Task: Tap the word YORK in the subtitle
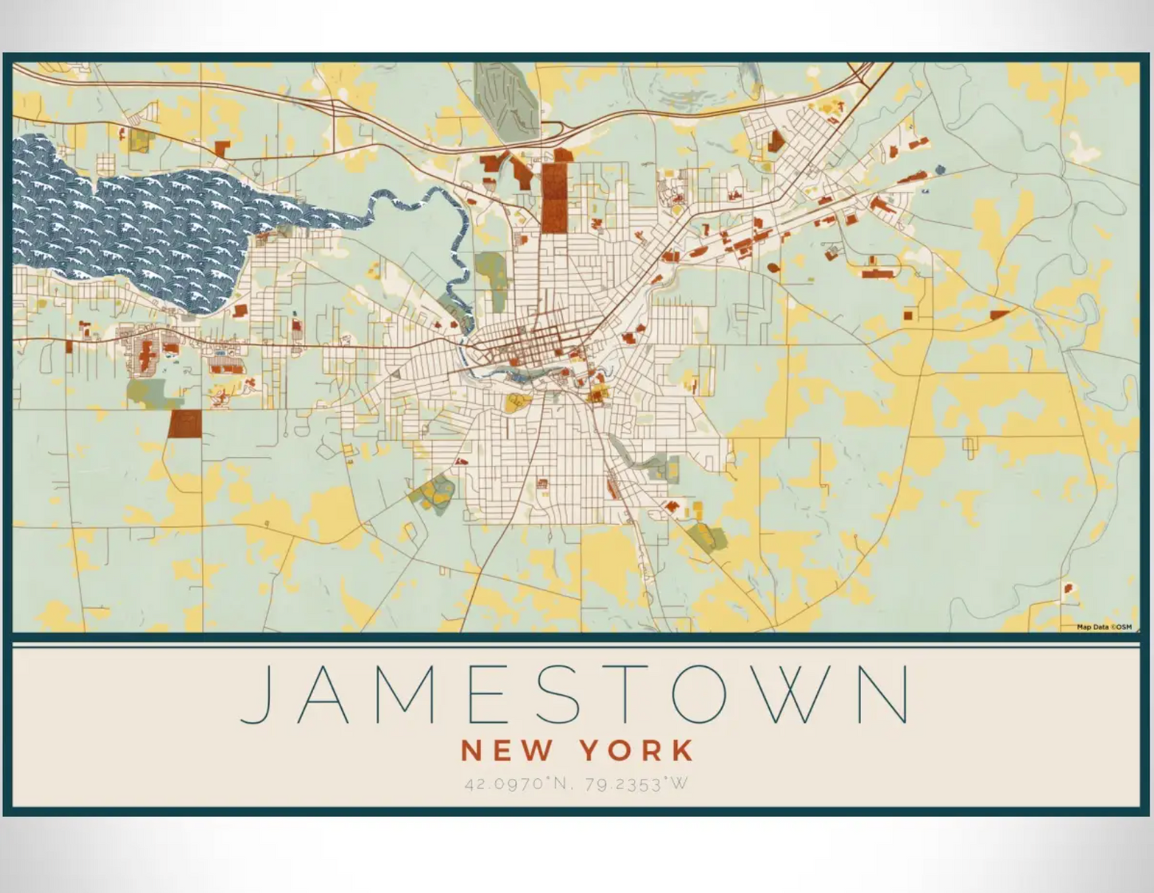pos(636,751)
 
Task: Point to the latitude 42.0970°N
pos(519,784)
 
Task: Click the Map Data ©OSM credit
pos(1104,627)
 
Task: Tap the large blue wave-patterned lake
pos(144,224)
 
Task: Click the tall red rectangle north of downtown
pos(554,197)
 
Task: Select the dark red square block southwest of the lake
pos(184,424)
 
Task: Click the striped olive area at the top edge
pos(505,96)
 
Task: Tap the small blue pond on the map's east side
pos(939,170)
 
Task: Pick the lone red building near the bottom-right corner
pos(1069,589)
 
